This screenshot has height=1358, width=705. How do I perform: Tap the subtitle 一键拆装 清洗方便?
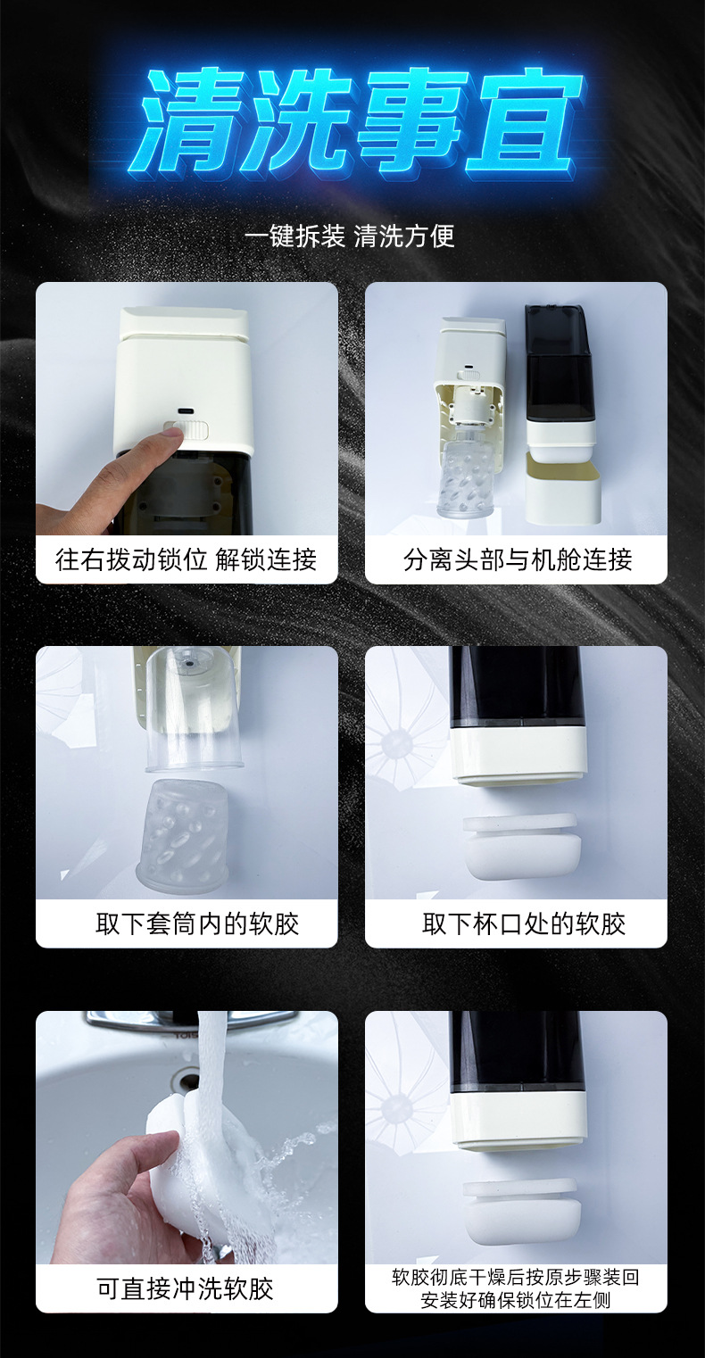(x=350, y=236)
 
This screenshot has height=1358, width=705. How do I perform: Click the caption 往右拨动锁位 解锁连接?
(x=187, y=559)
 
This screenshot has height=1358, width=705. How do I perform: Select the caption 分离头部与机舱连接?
(x=518, y=559)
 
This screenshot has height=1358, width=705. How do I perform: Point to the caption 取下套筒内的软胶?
(x=197, y=923)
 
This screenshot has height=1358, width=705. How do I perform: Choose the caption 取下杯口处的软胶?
(x=524, y=923)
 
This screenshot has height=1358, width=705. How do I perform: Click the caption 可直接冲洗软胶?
(x=186, y=1288)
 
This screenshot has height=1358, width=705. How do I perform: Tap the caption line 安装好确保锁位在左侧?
(x=516, y=1300)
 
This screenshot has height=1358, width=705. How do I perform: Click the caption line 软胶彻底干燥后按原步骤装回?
(x=516, y=1277)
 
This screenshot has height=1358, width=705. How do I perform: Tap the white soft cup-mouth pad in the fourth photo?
(x=520, y=847)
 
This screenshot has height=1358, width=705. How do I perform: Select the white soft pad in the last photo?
(x=520, y=1210)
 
